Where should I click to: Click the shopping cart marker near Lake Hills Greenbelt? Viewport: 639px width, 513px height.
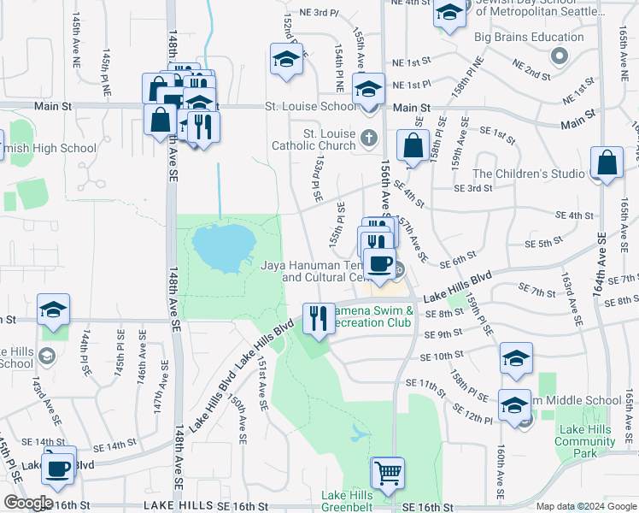tap(388, 473)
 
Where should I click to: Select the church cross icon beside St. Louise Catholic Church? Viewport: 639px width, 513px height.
tap(369, 137)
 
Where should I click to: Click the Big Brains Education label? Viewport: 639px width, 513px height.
tap(529, 38)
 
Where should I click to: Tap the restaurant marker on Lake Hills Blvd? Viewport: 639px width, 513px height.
tap(319, 318)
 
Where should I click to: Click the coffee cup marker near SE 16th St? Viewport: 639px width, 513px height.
tap(58, 467)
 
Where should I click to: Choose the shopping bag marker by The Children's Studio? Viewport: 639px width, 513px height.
tap(607, 163)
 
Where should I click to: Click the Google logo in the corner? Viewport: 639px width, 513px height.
tap(27, 503)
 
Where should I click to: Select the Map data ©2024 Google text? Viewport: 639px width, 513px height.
tap(585, 506)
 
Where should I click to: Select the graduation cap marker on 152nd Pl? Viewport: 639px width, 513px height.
tap(287, 59)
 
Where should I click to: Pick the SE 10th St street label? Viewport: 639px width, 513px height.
tap(442, 355)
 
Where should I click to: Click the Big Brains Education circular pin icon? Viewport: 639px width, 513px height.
tap(560, 56)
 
